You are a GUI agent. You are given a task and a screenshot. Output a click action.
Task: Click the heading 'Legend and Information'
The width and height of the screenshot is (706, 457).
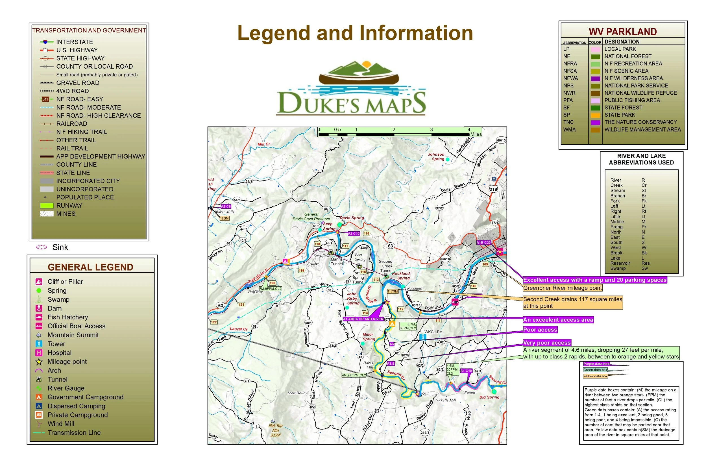(355, 33)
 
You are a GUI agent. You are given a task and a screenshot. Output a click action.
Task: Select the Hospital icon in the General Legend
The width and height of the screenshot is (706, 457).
(39, 352)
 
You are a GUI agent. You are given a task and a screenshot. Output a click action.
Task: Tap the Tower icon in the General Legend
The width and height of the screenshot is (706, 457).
(39, 344)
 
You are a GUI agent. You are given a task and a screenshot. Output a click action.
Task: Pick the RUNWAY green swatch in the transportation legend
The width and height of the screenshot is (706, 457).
(47, 205)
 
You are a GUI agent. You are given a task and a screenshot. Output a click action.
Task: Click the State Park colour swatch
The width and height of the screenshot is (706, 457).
(595, 115)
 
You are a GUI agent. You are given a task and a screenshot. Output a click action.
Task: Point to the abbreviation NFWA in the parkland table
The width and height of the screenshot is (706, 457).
(570, 78)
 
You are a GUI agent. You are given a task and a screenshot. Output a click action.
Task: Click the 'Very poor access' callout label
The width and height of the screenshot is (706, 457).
(547, 343)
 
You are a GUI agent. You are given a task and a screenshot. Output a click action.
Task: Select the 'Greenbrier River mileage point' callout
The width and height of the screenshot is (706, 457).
(563, 288)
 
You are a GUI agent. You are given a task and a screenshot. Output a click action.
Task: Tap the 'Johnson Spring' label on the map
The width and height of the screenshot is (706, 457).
(436, 157)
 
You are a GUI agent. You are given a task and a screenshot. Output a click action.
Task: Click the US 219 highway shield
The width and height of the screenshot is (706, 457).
(493, 189)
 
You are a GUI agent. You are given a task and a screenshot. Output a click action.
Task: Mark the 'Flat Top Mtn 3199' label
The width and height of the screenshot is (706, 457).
(276, 430)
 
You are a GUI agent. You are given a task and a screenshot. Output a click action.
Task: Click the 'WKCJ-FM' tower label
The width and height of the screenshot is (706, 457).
(433, 332)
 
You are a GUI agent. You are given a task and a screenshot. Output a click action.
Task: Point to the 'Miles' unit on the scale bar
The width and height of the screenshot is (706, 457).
(476, 134)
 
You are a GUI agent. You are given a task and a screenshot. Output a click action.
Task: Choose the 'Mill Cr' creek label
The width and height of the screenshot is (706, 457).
(264, 144)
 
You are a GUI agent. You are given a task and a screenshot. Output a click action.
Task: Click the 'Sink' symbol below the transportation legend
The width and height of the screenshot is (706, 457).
(42, 247)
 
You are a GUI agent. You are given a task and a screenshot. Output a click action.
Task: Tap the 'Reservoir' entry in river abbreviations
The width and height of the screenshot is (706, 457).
(620, 263)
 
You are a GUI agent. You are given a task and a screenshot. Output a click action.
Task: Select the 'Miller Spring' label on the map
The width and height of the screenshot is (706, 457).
(369, 337)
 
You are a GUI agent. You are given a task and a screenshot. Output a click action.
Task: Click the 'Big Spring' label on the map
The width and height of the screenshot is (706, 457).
(489, 397)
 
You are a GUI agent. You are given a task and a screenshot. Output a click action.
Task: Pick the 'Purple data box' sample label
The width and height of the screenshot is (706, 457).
(596, 364)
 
